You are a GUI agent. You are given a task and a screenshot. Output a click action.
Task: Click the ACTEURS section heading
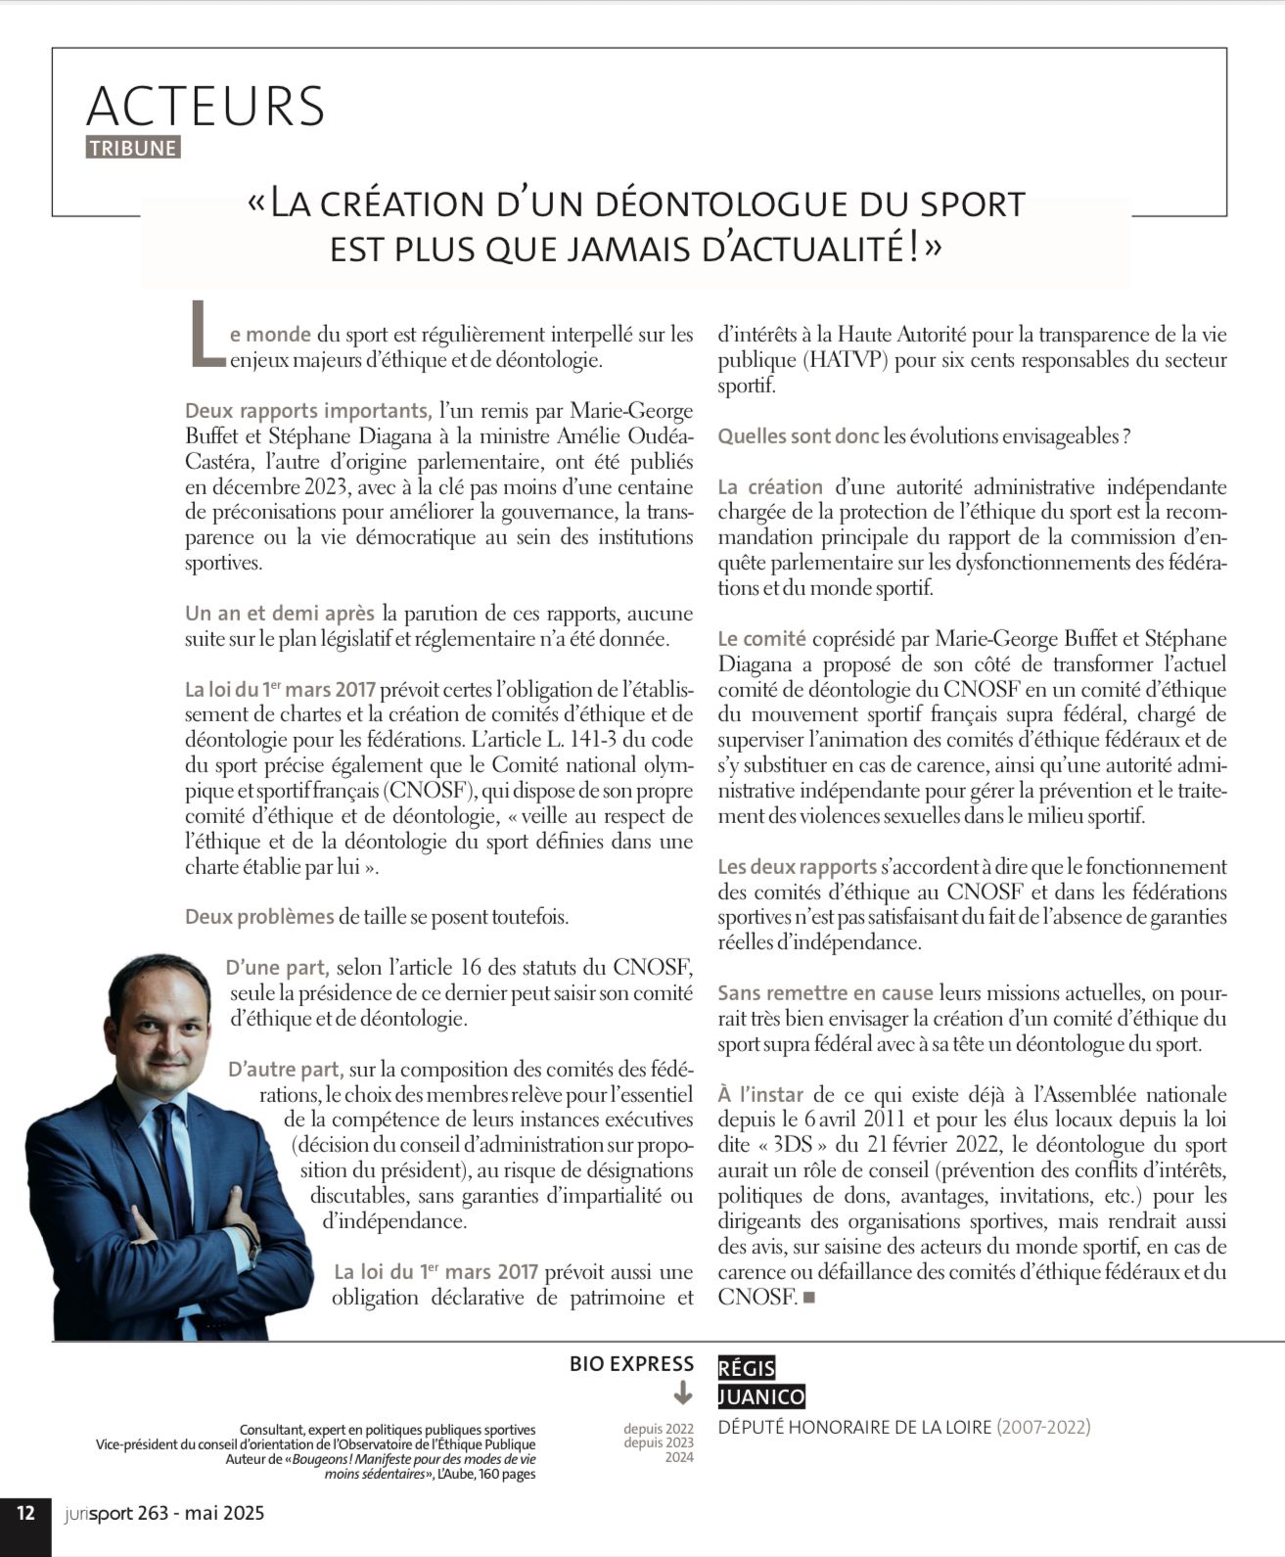click(206, 106)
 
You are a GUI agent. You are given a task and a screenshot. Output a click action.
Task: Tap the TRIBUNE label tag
click(133, 148)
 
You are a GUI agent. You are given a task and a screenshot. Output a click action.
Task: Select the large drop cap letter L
click(206, 335)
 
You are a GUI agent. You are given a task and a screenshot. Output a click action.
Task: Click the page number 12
click(25, 1513)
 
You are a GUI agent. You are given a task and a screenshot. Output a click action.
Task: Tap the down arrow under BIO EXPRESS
click(683, 1393)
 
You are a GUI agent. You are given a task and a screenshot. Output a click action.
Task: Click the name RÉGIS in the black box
click(747, 1368)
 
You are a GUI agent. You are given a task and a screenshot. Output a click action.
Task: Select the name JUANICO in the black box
click(761, 1397)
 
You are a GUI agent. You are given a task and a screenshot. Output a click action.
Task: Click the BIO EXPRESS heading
click(631, 1363)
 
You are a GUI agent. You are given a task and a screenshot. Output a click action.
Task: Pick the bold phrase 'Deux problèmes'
click(259, 917)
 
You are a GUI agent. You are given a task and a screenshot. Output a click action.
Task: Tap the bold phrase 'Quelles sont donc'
click(798, 436)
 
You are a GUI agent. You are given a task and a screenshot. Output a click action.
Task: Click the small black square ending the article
click(807, 1298)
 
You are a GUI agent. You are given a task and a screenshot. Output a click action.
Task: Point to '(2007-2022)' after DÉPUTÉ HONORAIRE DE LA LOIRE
click(1043, 1427)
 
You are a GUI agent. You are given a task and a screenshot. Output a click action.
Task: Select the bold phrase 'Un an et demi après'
click(280, 614)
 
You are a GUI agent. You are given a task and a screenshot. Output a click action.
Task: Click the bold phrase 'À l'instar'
click(760, 1094)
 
